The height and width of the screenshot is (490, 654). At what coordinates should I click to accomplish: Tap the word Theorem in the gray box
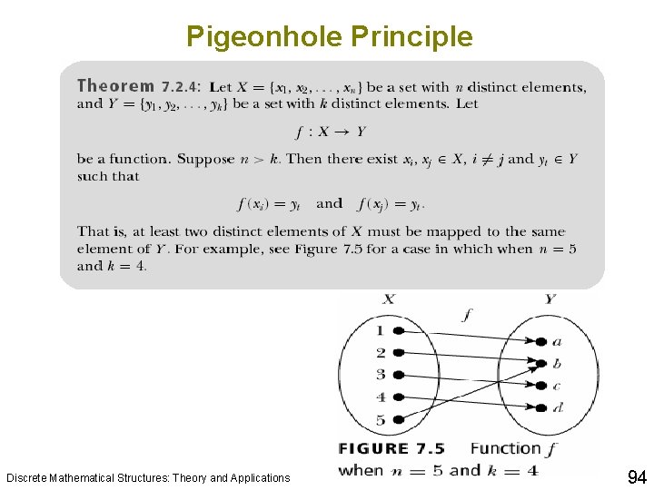115,86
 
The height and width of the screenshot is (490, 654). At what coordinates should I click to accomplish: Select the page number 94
636,476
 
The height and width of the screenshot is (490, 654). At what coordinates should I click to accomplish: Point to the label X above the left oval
388,299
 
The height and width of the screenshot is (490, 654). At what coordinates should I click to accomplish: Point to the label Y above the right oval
550,299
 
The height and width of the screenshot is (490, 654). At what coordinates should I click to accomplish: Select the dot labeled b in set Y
541,364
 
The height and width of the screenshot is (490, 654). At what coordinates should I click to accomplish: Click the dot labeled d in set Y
541,407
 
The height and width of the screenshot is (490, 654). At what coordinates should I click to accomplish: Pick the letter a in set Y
557,342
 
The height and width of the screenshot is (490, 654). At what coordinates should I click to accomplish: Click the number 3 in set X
381,375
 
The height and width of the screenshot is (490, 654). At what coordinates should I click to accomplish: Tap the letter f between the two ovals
467,316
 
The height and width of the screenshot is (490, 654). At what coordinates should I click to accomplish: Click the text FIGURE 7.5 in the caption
391,448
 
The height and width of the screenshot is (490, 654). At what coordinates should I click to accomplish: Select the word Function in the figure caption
506,448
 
